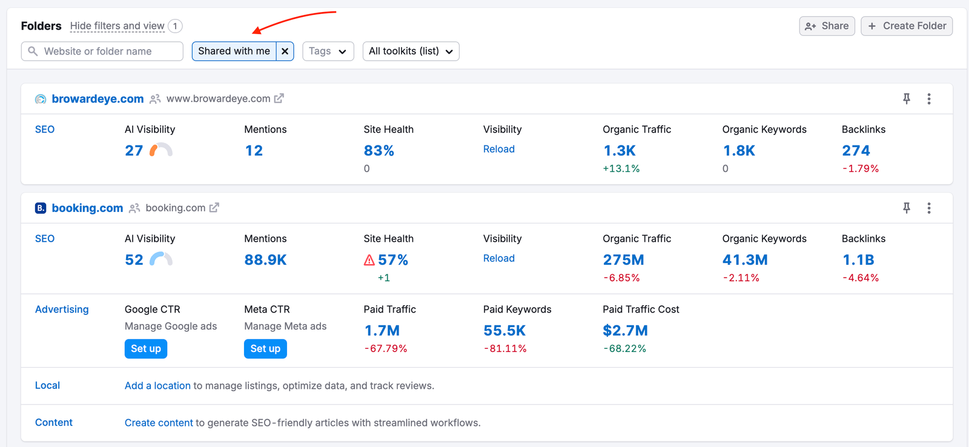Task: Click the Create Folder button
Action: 907,26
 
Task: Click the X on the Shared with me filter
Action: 285,51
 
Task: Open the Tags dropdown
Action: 328,51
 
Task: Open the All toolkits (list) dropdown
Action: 411,51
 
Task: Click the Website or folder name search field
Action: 102,51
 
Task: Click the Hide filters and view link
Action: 117,26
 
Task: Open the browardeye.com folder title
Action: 98,99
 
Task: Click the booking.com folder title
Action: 87,208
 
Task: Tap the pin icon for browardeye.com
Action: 907,99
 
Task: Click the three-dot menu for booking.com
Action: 929,208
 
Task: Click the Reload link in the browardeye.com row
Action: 499,149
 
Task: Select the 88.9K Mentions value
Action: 265,260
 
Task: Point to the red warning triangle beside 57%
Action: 369,260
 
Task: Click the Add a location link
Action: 157,386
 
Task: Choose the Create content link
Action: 159,423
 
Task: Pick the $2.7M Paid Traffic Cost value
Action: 625,331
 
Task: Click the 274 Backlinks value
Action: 856,151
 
